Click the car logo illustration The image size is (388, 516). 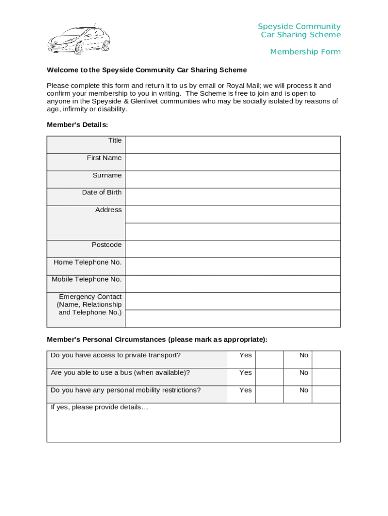pos(78,39)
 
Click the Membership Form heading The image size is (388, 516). pos(305,52)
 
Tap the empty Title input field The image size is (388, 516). pos(232,145)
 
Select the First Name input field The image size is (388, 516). pos(232,162)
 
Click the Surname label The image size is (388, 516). pos(107,175)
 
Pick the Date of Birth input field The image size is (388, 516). pos(232,197)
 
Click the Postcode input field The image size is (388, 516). pos(232,249)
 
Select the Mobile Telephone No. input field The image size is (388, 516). pos(232,284)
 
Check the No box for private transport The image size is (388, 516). pos(327,359)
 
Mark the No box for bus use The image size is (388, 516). pos(327,377)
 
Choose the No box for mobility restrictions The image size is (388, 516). pos(327,394)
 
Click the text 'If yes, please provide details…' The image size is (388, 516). pos(99,407)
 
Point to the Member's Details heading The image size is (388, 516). pos(77,124)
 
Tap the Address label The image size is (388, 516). pos(108,210)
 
